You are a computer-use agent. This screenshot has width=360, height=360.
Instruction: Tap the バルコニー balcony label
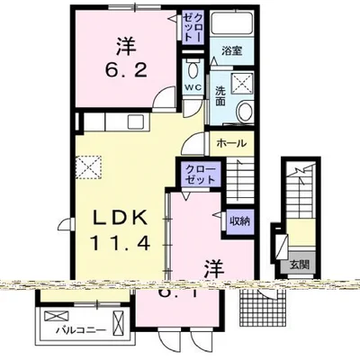click(80, 329)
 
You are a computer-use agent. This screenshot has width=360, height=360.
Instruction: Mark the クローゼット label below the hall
click(199, 174)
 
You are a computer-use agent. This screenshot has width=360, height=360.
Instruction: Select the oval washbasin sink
click(245, 112)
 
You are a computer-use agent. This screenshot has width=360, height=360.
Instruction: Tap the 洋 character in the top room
click(127, 44)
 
